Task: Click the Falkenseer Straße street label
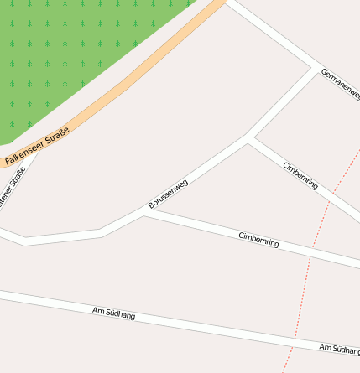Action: coord(36,146)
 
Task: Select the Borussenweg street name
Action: coord(168,194)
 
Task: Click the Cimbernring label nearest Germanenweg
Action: coord(301,175)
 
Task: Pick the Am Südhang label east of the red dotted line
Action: coord(339,348)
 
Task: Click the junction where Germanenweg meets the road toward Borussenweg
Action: coord(315,68)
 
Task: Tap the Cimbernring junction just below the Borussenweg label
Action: coord(145,214)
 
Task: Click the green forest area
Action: coord(67,59)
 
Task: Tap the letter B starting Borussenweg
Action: coord(151,205)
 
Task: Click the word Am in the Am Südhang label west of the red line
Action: coord(97,311)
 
